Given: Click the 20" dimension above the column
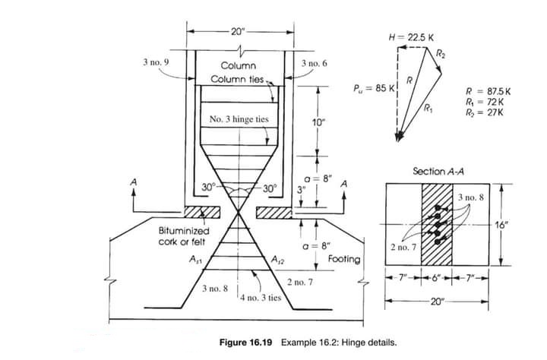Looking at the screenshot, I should pos(238,31).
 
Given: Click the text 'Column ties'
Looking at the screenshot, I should pos(236,79).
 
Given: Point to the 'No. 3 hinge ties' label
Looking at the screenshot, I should pos(238,120).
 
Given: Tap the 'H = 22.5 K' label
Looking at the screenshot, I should pos(411,36).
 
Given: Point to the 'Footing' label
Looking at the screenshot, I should pos(343,259).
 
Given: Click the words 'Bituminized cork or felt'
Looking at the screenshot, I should pos(185,235).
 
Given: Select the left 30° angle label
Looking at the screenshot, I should pos(209,187).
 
